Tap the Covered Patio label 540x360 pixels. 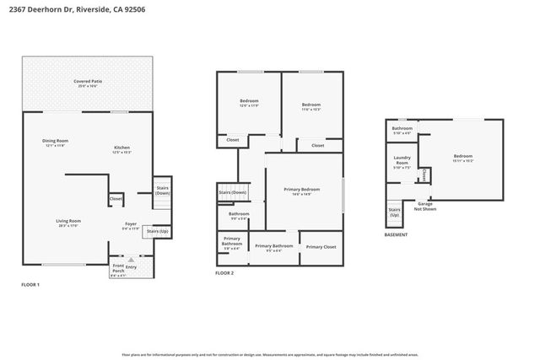88,83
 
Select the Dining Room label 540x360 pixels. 56,142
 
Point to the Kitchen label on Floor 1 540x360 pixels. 122,149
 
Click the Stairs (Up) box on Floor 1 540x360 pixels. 158,231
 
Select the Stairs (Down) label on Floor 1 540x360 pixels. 161,191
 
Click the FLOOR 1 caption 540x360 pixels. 30,286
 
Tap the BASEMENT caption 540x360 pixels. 396,235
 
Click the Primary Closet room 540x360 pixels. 321,247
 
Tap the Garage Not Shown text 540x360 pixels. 425,206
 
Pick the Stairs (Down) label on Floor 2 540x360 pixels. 232,192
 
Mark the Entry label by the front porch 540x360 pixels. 131,266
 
